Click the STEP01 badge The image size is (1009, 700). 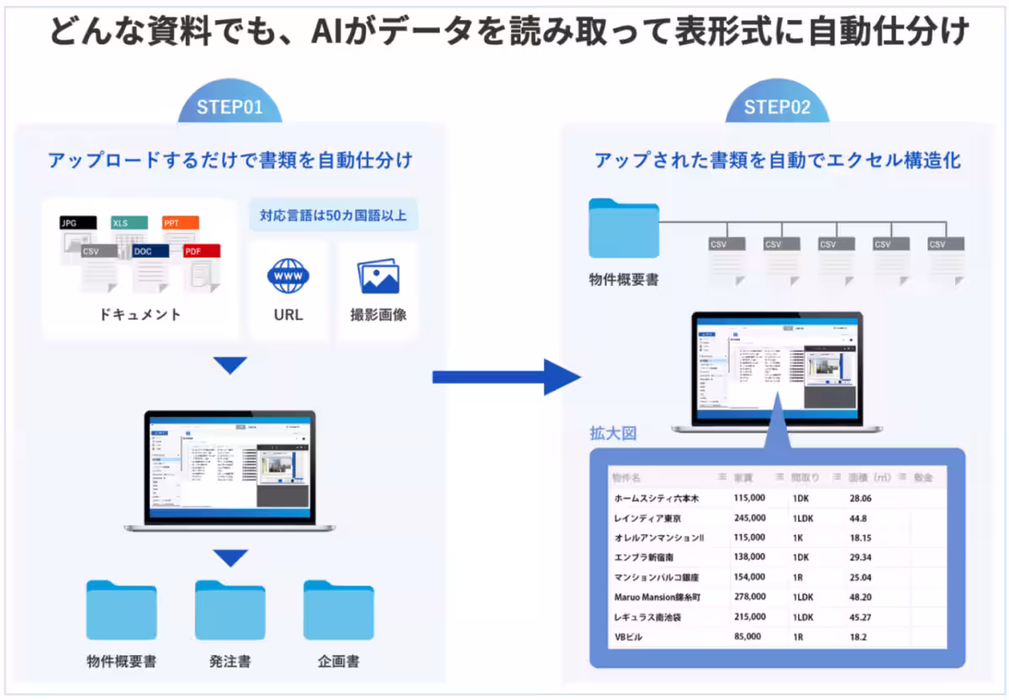(x=230, y=108)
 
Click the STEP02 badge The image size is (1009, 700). (x=777, y=108)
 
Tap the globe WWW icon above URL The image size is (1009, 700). (x=288, y=276)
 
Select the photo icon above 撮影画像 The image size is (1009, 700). (x=378, y=276)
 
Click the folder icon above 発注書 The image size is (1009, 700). (x=230, y=610)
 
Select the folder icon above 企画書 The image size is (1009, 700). (x=338, y=610)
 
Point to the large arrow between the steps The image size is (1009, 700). (x=504, y=376)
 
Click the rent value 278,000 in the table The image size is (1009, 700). (x=749, y=597)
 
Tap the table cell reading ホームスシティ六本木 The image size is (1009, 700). (x=657, y=498)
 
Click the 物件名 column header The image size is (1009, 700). (x=626, y=477)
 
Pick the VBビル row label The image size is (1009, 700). (x=629, y=637)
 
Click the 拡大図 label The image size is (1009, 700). (x=613, y=434)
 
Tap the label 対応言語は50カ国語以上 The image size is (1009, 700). (x=333, y=215)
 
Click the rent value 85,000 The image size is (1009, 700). (x=747, y=637)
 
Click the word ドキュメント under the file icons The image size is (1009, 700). (x=140, y=315)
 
